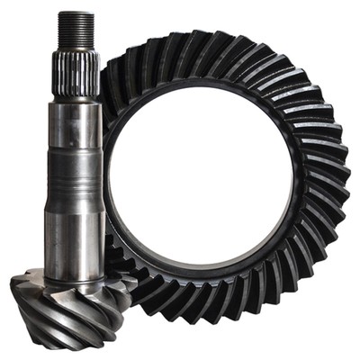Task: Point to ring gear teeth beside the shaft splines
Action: click(112, 81)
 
